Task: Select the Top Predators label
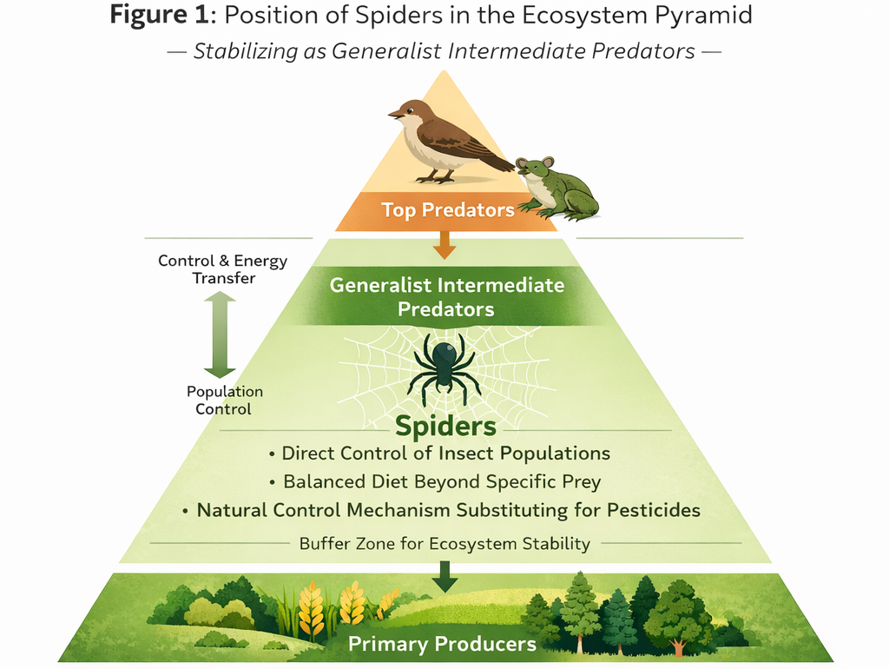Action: click(x=447, y=210)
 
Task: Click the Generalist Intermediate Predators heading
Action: click(x=446, y=296)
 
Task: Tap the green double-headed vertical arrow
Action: click(x=220, y=334)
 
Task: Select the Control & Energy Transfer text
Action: click(x=222, y=269)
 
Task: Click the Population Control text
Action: click(x=224, y=400)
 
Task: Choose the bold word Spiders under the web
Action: click(x=445, y=426)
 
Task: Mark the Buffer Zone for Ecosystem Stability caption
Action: click(x=444, y=544)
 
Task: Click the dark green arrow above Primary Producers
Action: click(x=444, y=575)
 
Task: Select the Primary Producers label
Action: click(x=442, y=644)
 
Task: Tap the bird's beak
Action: click(x=393, y=113)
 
